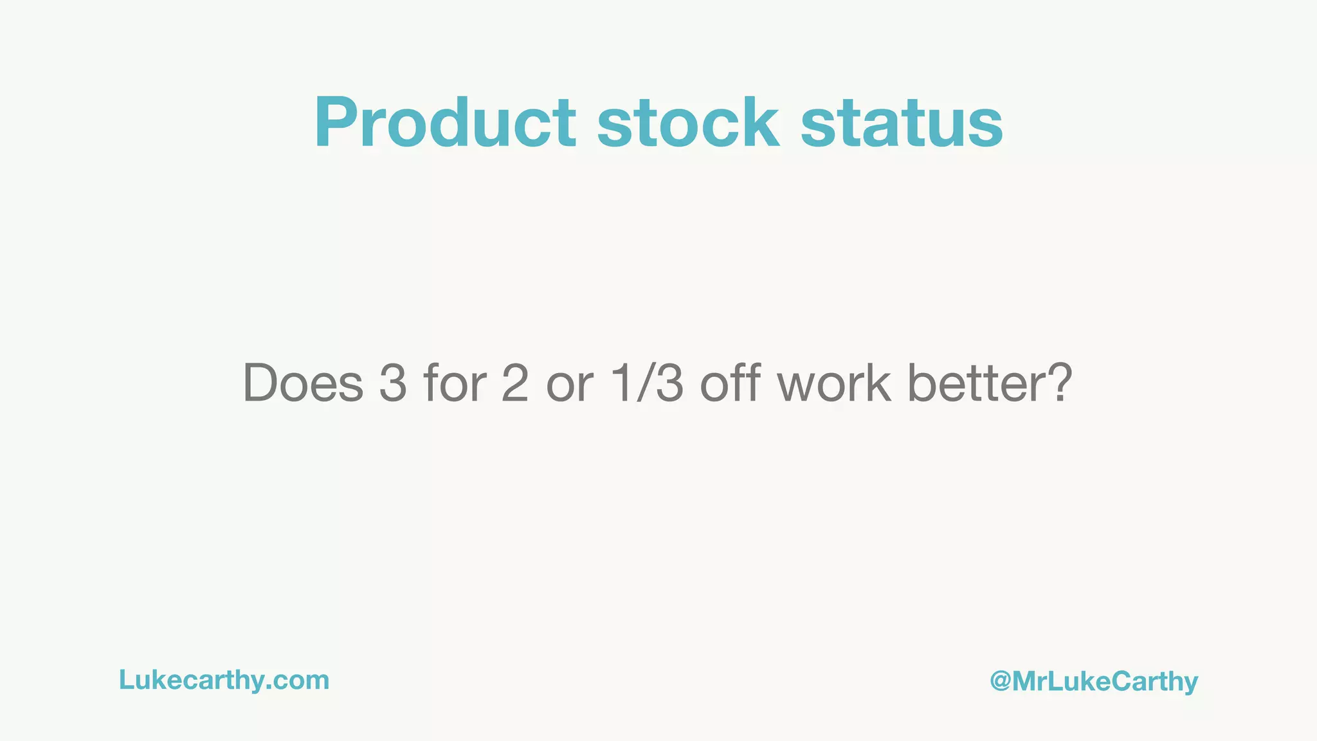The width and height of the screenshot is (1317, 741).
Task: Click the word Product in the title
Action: [x=445, y=123]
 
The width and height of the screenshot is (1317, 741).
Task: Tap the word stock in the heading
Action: [x=688, y=123]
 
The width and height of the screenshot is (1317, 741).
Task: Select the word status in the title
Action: [x=902, y=123]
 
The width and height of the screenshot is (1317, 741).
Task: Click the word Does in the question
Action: [x=303, y=383]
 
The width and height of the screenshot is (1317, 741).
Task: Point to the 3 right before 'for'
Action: [x=393, y=383]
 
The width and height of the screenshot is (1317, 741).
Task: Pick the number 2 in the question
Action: [x=514, y=383]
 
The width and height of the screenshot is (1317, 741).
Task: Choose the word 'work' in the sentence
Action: [x=834, y=383]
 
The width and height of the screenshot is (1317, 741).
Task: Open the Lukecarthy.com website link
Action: [x=224, y=681]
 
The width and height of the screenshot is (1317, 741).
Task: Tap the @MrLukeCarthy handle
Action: [x=1094, y=682]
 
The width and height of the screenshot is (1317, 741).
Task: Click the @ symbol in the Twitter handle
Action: [x=1001, y=681]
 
